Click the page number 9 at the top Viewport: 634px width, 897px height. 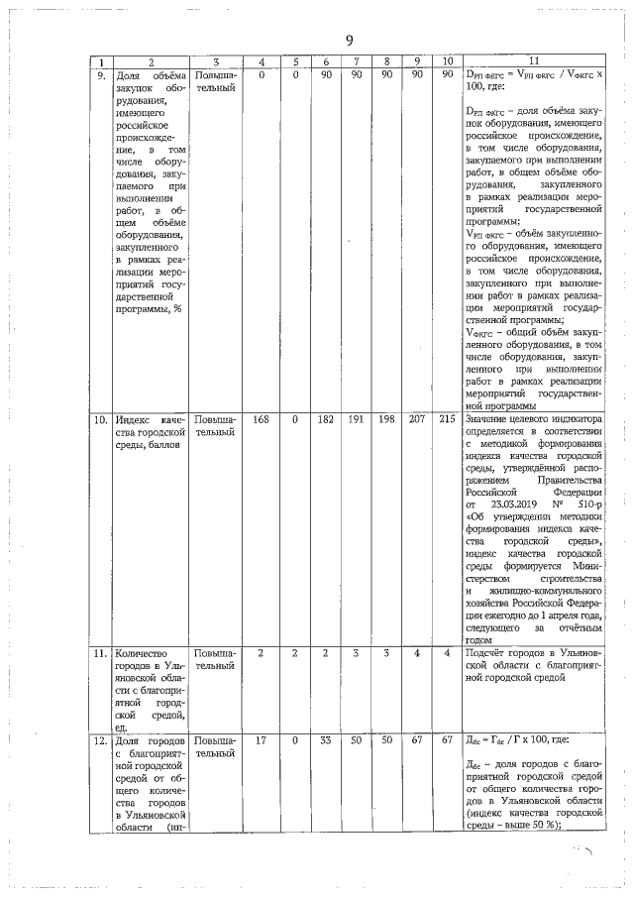(349, 40)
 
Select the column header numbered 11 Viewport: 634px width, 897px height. (533, 61)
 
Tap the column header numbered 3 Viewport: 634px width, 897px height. (214, 61)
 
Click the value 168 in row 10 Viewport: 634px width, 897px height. (262, 420)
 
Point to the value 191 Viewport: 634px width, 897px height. (357, 420)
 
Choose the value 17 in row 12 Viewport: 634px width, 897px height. (262, 739)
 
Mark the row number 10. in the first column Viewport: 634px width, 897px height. (100, 420)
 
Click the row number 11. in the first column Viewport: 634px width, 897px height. (100, 654)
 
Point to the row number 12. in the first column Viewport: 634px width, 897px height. (100, 739)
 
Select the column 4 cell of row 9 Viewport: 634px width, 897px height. (262, 75)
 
